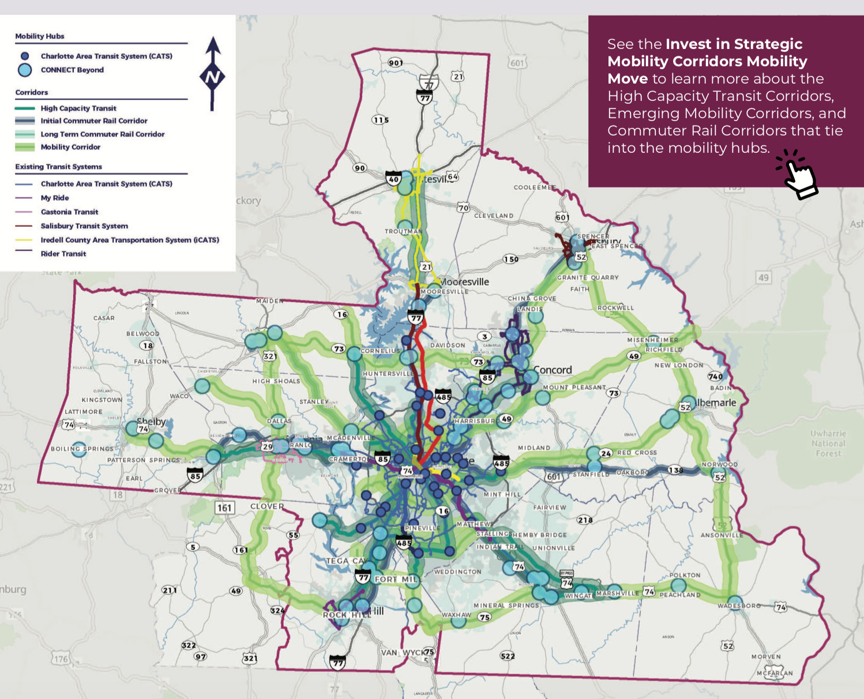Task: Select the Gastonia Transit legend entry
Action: (69, 212)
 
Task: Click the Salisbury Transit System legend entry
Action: (84, 226)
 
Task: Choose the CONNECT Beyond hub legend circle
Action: (25, 70)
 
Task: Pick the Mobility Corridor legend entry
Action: (70, 147)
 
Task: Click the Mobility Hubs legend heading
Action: (40, 36)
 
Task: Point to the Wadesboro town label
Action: (739, 606)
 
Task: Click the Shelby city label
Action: (151, 422)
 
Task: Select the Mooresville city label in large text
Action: (465, 282)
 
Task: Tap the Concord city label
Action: (553, 370)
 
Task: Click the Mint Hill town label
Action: (502, 494)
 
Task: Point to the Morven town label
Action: (766, 656)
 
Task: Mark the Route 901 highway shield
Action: (396, 62)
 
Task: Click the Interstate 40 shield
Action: (394, 178)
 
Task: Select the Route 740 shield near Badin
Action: (715, 377)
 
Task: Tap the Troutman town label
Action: (404, 231)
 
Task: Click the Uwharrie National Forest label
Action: (828, 444)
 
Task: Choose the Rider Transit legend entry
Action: (63, 254)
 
